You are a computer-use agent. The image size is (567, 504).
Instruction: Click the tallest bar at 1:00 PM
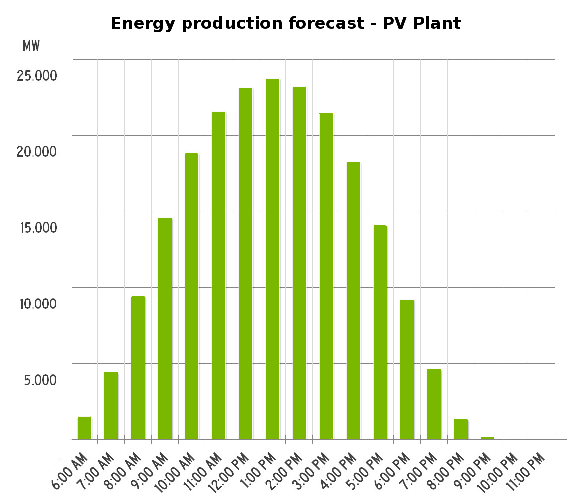[272, 259]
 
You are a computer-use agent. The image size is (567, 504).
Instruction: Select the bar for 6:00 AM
[84, 428]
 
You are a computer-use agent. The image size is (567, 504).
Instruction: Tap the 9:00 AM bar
[165, 328]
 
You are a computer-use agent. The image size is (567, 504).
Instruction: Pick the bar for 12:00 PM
[245, 264]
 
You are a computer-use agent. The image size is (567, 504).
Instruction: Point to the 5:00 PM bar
[380, 332]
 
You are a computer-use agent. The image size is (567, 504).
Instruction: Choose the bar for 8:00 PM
[461, 429]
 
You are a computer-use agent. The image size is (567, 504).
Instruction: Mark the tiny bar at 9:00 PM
[487, 438]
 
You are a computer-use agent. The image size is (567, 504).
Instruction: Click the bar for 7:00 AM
[111, 405]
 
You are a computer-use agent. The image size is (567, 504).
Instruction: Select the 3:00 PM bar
[326, 276]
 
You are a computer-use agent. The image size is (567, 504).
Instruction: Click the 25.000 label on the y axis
[37, 76]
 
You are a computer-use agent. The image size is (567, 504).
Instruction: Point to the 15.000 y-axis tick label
[37, 228]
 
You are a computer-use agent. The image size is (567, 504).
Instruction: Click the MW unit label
[31, 46]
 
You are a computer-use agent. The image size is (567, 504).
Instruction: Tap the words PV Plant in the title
[422, 23]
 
